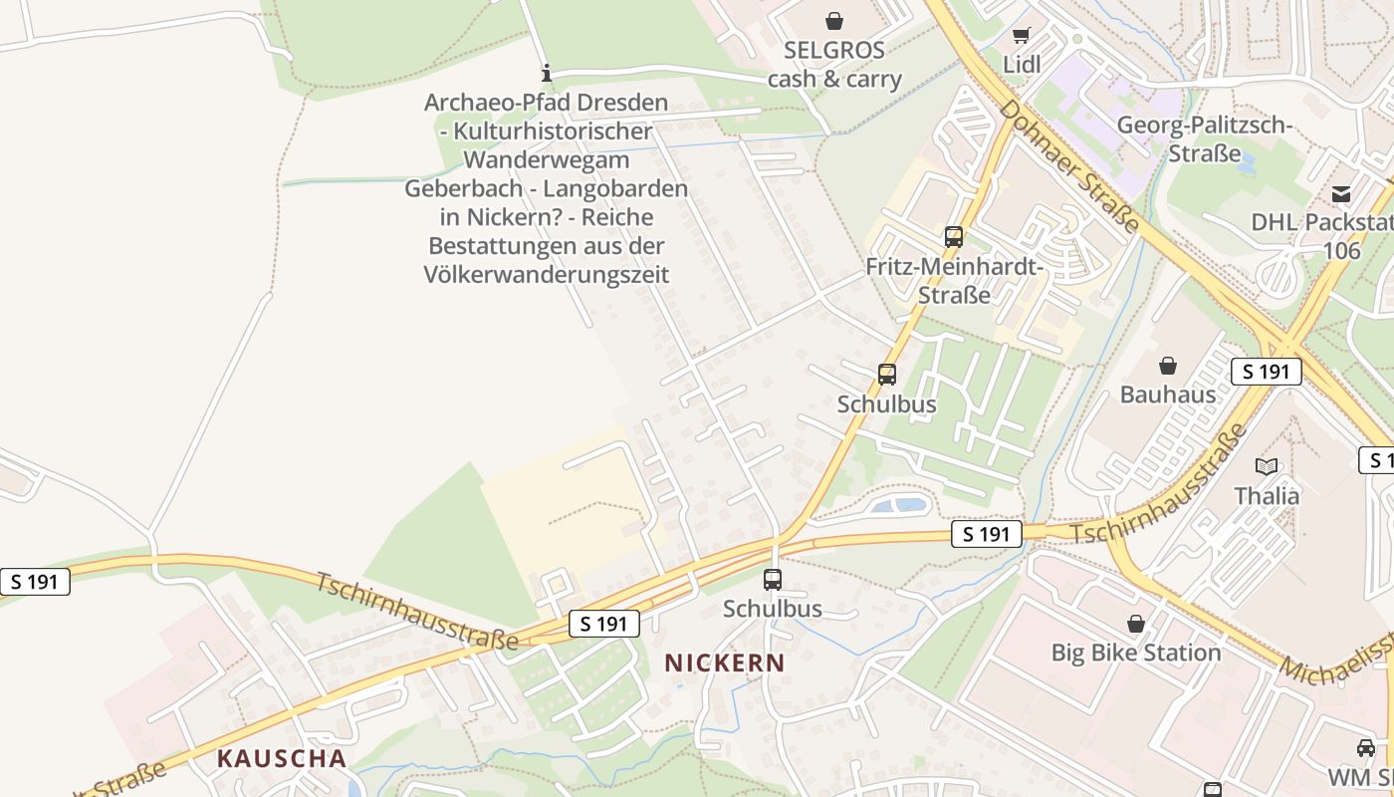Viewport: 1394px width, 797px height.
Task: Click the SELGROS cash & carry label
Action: (833, 65)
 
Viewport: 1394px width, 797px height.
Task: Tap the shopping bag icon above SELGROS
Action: (834, 20)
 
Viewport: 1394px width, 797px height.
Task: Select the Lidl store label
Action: (1022, 65)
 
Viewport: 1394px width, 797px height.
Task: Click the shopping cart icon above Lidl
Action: (1021, 36)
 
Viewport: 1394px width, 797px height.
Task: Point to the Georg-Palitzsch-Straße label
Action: (1205, 139)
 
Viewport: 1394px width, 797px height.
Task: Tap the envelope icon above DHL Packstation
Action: (1341, 193)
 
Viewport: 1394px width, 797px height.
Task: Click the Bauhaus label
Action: (1168, 395)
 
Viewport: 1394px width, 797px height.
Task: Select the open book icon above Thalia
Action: (1267, 466)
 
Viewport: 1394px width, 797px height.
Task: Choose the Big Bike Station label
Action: (1136, 654)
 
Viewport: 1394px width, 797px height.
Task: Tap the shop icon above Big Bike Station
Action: (1135, 625)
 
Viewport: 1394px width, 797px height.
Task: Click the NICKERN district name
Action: (725, 663)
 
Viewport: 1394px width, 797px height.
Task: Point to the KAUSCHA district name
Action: (282, 758)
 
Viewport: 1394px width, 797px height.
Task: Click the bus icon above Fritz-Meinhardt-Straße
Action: (954, 237)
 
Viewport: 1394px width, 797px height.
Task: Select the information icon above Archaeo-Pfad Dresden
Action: (546, 73)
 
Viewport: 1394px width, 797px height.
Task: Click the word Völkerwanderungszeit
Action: (546, 274)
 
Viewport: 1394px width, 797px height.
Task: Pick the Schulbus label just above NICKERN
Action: (773, 609)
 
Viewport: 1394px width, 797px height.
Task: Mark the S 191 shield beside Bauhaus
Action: (1267, 372)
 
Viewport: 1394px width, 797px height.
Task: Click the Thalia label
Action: (1267, 496)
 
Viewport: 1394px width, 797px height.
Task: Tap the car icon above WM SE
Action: (1366, 747)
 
